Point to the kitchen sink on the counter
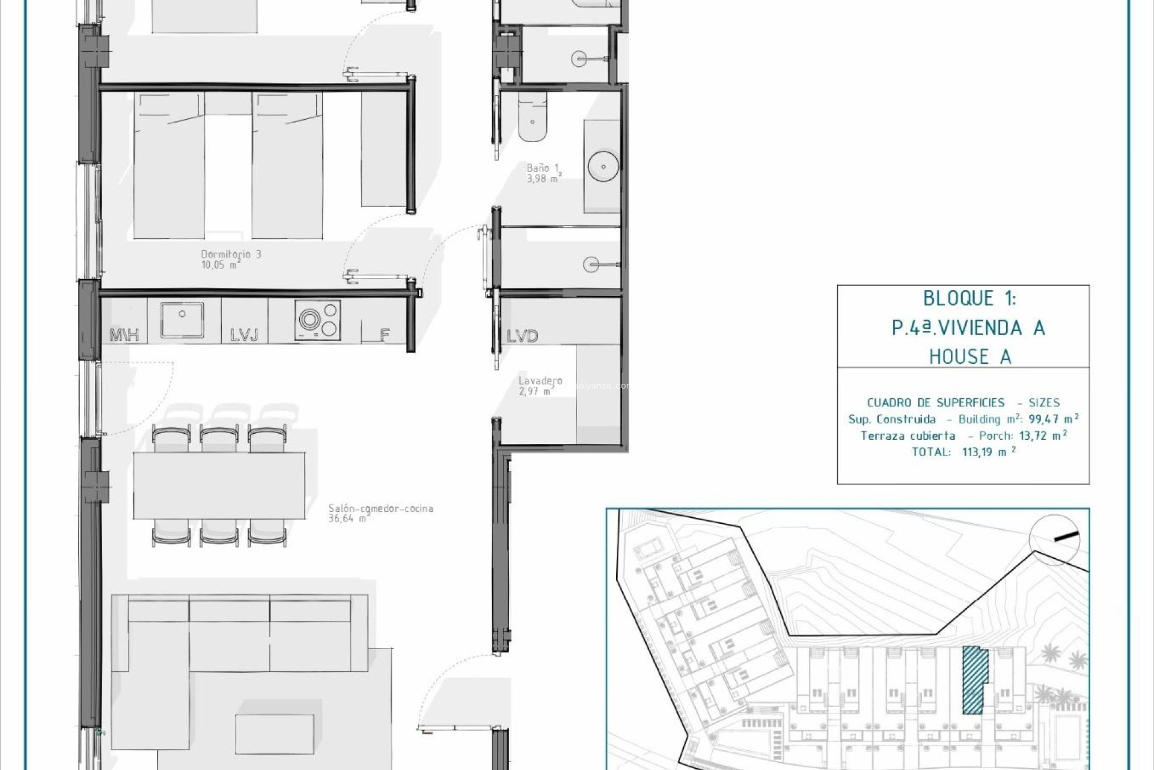coord(182,319)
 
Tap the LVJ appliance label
coord(244,335)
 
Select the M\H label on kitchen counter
coord(125,335)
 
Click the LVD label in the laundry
coord(522,336)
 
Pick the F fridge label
coord(385,335)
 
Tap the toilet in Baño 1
coord(533,117)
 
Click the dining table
coord(219,485)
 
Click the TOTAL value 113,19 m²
coord(989,452)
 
